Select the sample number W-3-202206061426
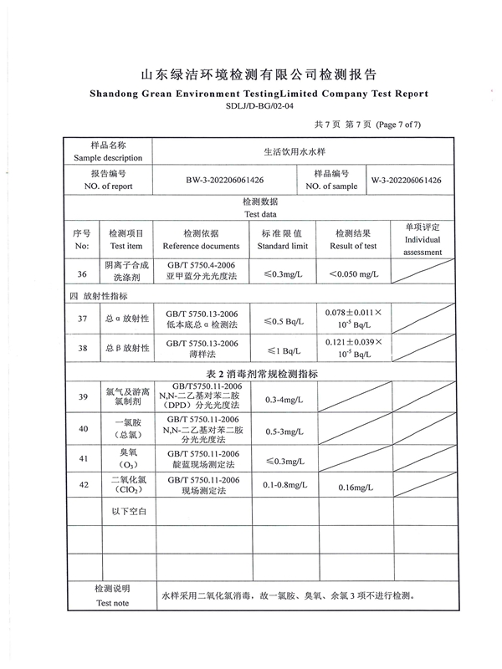coord(407,180)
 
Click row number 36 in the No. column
coord(81,274)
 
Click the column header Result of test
coord(353,246)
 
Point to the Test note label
coord(112,603)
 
